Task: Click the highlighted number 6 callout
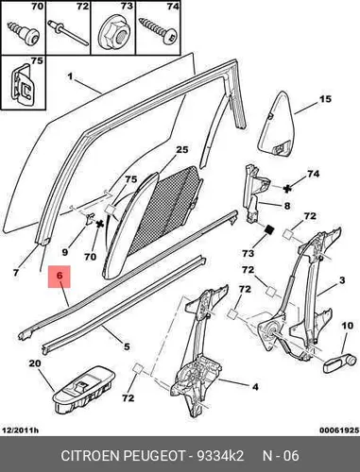click(60, 277)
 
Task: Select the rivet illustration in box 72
click(68, 33)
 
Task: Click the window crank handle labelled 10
click(341, 363)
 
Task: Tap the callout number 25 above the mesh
click(181, 149)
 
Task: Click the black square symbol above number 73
click(268, 230)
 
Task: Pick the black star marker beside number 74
click(287, 189)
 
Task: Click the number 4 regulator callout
click(255, 386)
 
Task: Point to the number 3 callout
click(342, 279)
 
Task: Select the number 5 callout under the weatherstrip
click(127, 346)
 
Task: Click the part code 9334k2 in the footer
click(220, 455)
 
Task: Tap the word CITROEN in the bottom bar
click(91, 455)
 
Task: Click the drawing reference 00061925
click(339, 430)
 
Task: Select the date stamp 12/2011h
click(20, 430)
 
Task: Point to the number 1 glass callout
click(70, 76)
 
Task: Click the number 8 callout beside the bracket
click(286, 206)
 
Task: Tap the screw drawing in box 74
click(159, 31)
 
